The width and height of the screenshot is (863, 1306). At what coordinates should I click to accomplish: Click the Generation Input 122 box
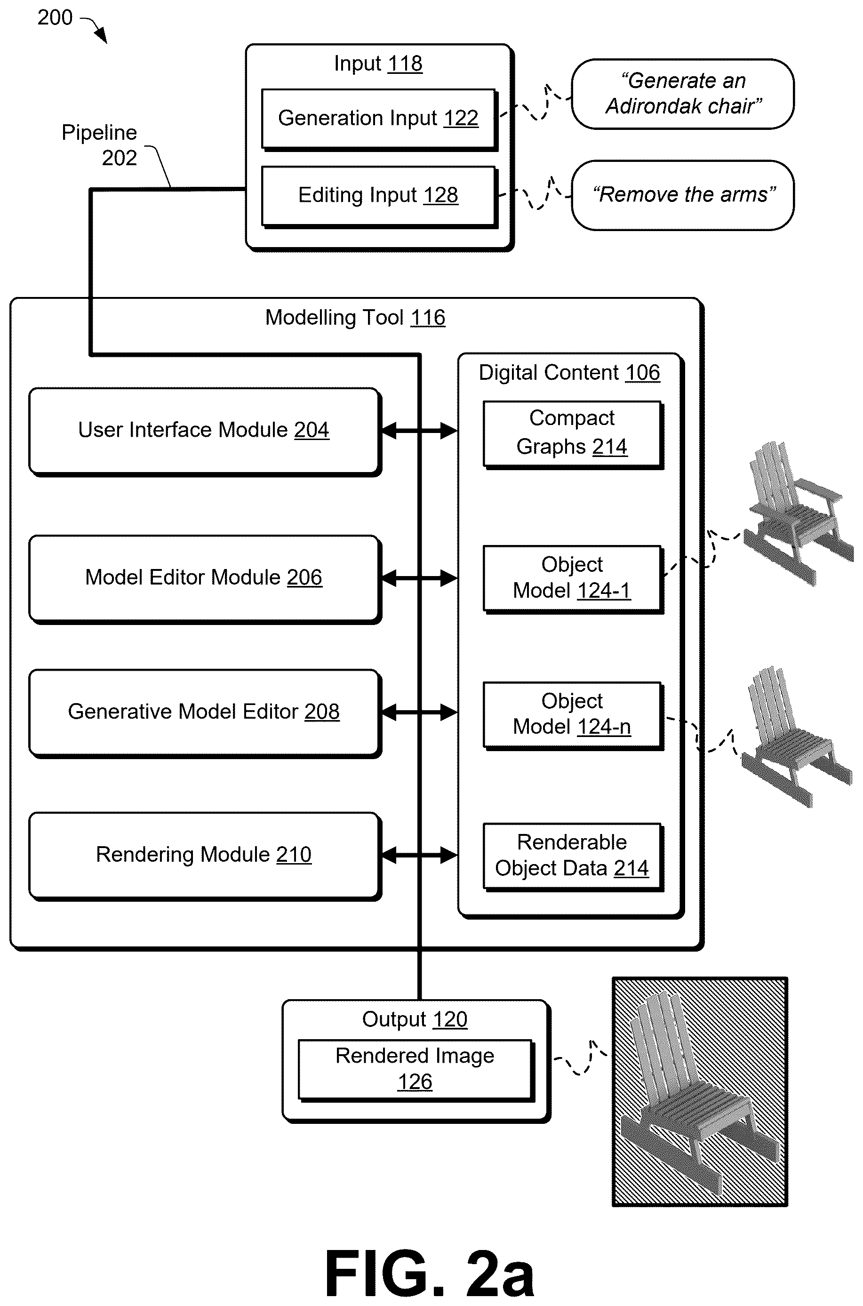point(380,120)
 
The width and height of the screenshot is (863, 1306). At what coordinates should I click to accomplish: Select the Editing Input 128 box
point(380,196)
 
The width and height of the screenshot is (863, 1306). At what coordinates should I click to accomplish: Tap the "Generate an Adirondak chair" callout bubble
point(682,94)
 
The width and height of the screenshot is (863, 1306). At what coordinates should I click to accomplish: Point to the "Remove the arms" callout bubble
point(682,195)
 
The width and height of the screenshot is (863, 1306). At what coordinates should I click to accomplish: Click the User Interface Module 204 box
point(205,432)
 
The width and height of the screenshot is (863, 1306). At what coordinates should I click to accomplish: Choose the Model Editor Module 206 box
point(205,579)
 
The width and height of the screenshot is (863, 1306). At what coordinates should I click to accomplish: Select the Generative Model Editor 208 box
point(205,714)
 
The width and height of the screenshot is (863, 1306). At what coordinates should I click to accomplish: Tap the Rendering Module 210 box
point(205,857)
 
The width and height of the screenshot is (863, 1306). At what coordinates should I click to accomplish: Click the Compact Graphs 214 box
point(574,435)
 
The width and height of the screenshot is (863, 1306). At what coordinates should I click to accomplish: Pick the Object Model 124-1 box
point(574,579)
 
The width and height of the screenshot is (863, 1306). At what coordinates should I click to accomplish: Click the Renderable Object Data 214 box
point(574,857)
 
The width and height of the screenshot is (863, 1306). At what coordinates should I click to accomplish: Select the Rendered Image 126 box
point(416,1070)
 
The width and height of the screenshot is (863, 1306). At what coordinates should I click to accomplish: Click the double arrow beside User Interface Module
point(419,431)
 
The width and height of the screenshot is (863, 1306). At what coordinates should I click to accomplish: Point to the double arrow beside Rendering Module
point(419,855)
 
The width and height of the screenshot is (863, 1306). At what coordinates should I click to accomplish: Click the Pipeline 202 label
point(100,145)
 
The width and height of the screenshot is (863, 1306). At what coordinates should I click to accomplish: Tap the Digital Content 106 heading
point(569,373)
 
